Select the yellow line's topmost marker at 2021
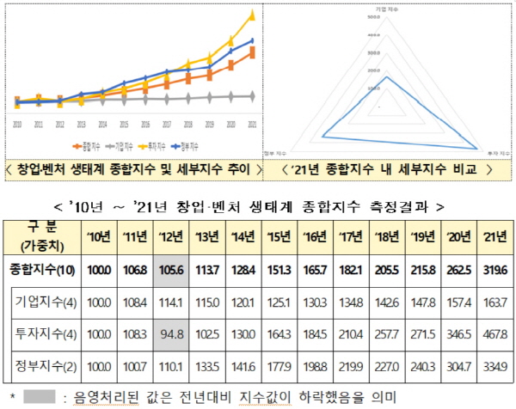pyautogui.click(x=251, y=15)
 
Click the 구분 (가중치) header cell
pyautogui.click(x=37, y=235)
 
